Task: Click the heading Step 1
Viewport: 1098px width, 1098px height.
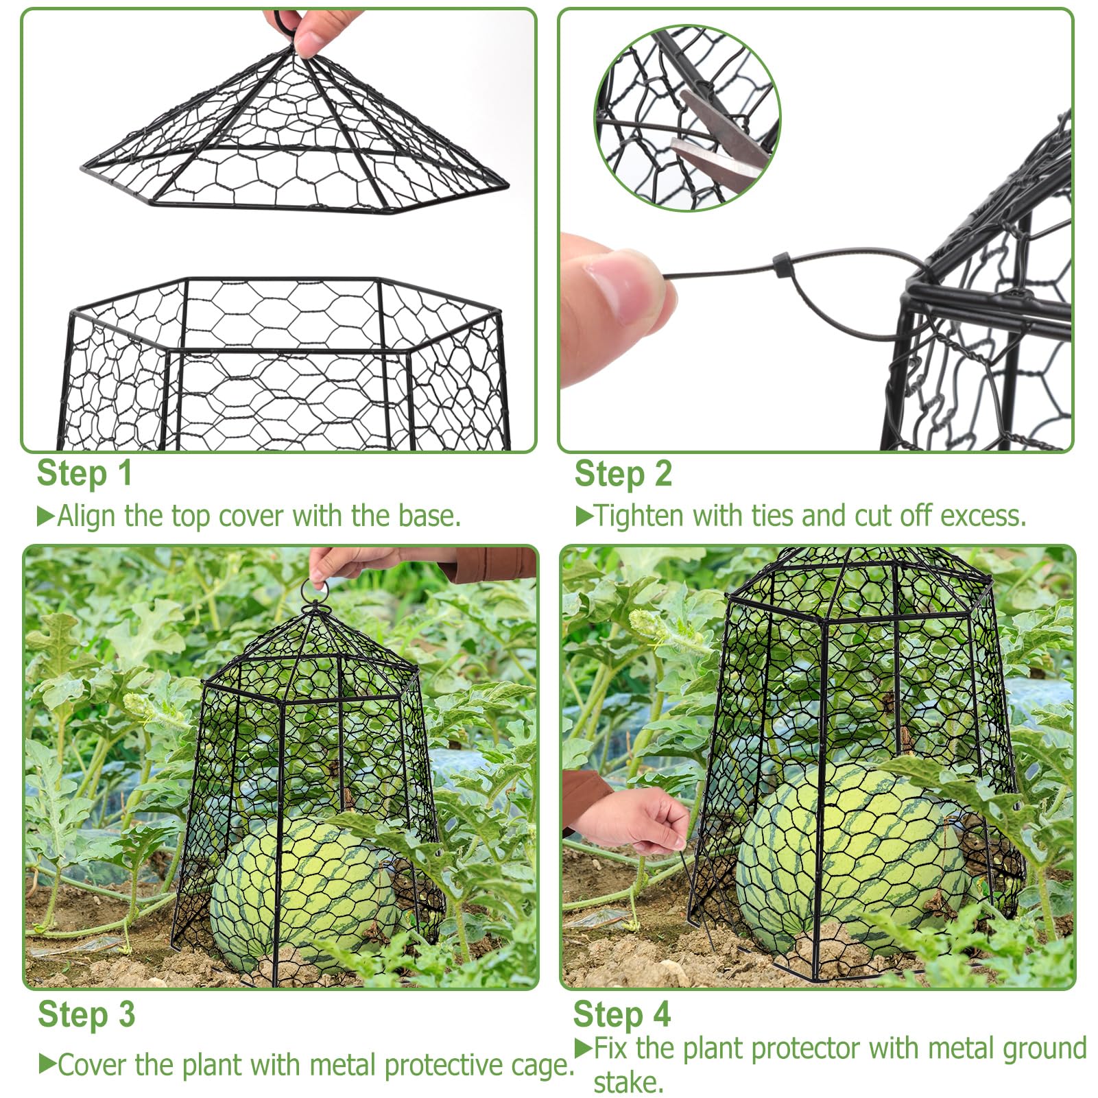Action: pos(84,474)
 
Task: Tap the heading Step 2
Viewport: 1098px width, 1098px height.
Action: pos(623,474)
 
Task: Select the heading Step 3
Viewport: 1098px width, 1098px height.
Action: pos(86,1014)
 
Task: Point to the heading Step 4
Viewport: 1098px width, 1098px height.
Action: pos(621,1014)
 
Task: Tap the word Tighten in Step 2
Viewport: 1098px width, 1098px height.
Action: pos(638,516)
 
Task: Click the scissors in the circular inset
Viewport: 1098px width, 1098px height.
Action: pos(720,137)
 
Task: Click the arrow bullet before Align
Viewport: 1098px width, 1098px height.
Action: pos(45,516)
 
